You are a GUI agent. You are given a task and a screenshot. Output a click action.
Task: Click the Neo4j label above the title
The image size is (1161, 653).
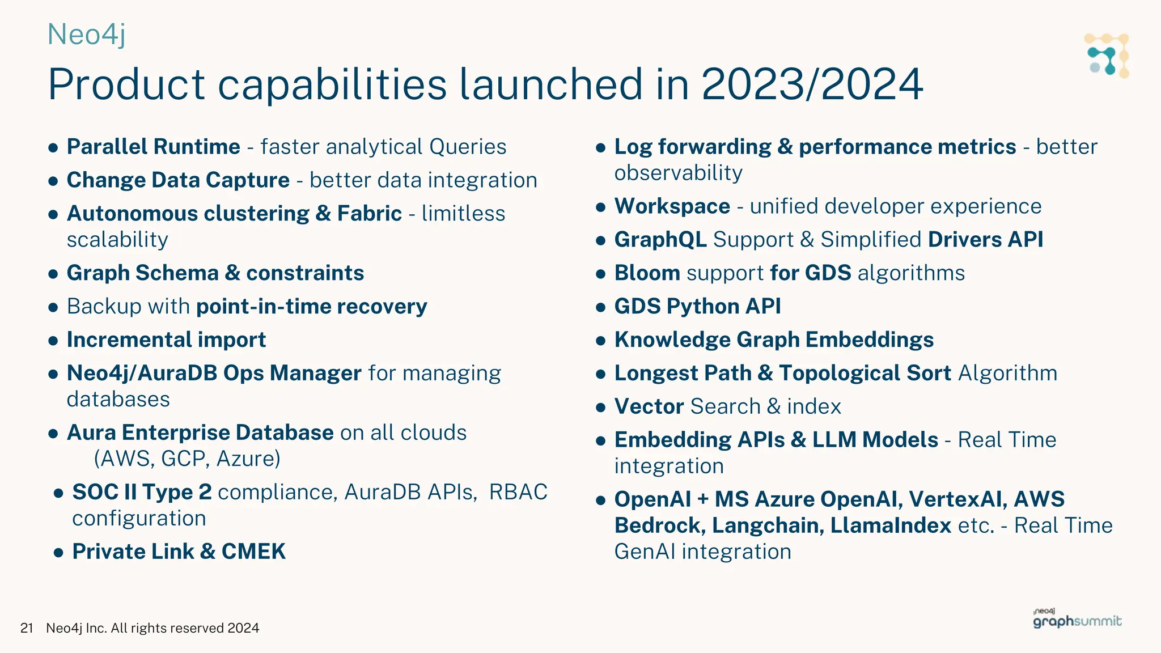pos(86,35)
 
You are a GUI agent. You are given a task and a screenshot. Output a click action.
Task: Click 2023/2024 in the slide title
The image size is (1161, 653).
pos(812,84)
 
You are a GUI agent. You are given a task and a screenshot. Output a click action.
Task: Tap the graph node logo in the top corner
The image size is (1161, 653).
pos(1107,56)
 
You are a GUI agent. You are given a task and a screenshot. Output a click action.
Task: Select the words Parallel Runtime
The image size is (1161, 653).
pos(153,147)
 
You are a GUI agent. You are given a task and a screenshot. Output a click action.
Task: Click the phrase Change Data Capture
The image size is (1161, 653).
pos(178,180)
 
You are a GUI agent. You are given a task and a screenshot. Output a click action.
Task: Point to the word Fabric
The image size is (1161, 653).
pos(369,214)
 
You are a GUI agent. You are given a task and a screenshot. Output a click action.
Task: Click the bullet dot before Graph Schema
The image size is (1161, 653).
pos(53,274)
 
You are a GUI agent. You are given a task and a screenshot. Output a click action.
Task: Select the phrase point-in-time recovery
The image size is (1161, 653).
pos(311,307)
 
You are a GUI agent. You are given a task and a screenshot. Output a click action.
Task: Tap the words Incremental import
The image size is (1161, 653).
pos(166,340)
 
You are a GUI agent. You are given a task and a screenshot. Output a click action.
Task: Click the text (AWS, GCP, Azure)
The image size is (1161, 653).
pos(187,459)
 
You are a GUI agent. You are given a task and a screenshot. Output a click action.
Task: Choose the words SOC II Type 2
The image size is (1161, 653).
pos(142,492)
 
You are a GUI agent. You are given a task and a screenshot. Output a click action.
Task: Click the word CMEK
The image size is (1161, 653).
pos(253,552)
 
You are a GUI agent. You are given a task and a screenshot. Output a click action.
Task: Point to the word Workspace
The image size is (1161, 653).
pos(672,206)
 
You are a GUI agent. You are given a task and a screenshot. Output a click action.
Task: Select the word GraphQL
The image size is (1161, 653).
pos(660,240)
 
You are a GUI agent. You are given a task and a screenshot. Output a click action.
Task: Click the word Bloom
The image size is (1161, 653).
pos(647,273)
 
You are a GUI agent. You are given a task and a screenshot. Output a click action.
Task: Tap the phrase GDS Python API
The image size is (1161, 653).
pos(697,307)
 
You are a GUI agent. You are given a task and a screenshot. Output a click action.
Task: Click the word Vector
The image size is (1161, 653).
pos(649,407)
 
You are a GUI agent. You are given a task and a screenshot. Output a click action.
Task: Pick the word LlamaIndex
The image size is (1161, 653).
pos(890,525)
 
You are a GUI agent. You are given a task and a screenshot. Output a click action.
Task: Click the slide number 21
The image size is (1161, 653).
pos(27,628)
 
